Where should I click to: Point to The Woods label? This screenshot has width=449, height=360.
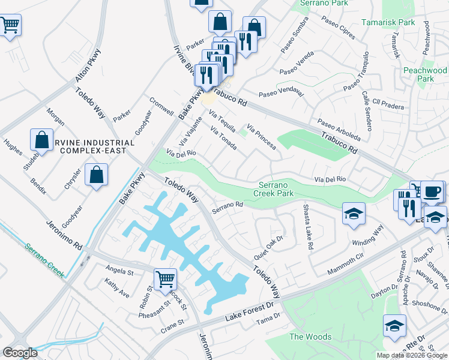[x=310, y=337]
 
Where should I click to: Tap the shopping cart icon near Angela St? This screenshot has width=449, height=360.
[x=165, y=278]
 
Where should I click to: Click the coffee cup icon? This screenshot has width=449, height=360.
[x=432, y=192]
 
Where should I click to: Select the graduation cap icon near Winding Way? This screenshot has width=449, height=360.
[x=354, y=213]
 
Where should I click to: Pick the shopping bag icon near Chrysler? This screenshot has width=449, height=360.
[x=97, y=175]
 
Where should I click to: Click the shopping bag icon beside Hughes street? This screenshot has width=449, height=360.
[x=43, y=139]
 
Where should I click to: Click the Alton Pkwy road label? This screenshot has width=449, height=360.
[x=89, y=65]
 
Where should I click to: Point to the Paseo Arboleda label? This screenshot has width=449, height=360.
[x=339, y=127]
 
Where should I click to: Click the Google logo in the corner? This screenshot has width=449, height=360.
[x=20, y=353]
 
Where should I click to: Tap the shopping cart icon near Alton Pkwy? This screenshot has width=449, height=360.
[x=8, y=26]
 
